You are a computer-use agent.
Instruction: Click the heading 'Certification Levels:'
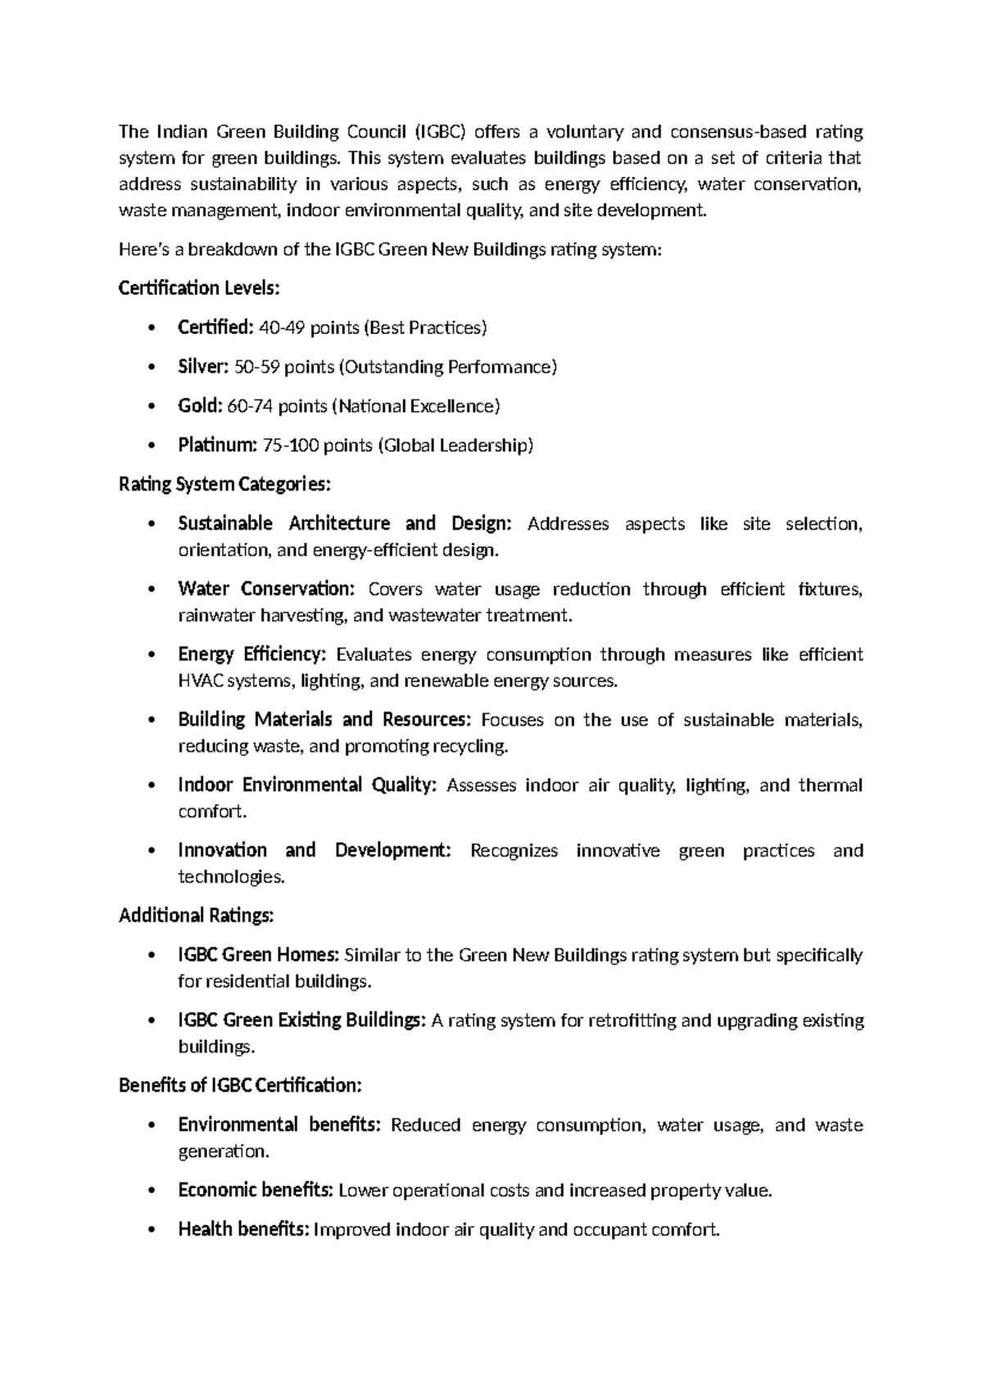coord(199,288)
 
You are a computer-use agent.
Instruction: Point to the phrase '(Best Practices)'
coord(426,328)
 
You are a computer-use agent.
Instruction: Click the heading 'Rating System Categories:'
coord(224,485)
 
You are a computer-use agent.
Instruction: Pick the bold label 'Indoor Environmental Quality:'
coord(307,785)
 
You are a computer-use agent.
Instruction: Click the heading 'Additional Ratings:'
coord(196,916)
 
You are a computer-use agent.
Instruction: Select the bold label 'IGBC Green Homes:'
coord(258,955)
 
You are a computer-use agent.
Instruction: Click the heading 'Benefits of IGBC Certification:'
coord(240,1086)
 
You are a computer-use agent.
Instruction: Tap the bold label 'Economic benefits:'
coord(256,1190)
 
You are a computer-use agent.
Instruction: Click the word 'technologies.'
coord(232,877)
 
